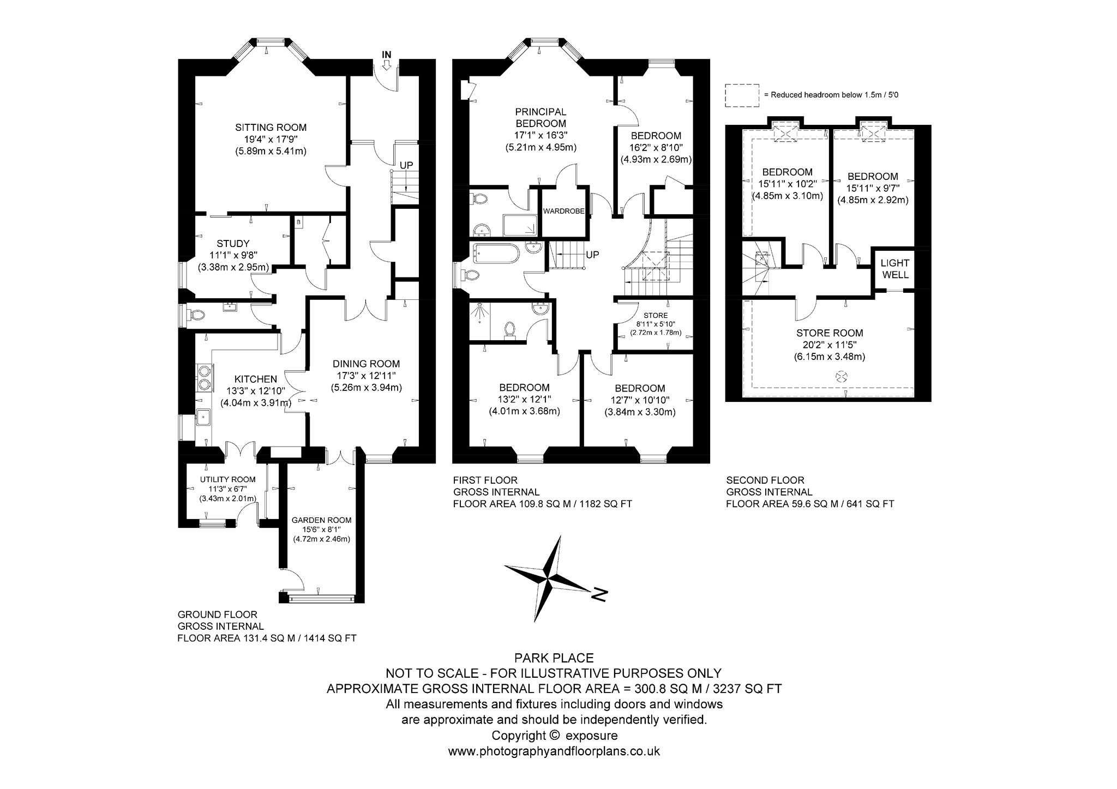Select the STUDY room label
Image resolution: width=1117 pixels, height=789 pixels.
[x=233, y=244]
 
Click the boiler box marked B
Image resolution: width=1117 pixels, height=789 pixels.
[x=298, y=222]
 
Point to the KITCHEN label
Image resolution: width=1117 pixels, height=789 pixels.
[x=256, y=379]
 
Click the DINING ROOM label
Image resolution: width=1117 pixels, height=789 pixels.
[x=367, y=364]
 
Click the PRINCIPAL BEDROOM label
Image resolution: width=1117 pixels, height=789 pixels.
[x=541, y=118]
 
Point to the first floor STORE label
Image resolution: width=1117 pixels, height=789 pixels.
[x=656, y=316]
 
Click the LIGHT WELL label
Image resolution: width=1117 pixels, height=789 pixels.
[x=896, y=269]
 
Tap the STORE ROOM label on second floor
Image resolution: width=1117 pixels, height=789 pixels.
[x=830, y=333]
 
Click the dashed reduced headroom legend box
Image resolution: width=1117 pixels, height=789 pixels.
[x=742, y=95]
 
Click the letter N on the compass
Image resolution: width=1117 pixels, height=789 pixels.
[x=599, y=594]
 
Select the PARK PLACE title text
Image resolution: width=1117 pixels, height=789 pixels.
[x=554, y=658]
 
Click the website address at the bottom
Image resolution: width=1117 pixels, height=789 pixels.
[x=554, y=751]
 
